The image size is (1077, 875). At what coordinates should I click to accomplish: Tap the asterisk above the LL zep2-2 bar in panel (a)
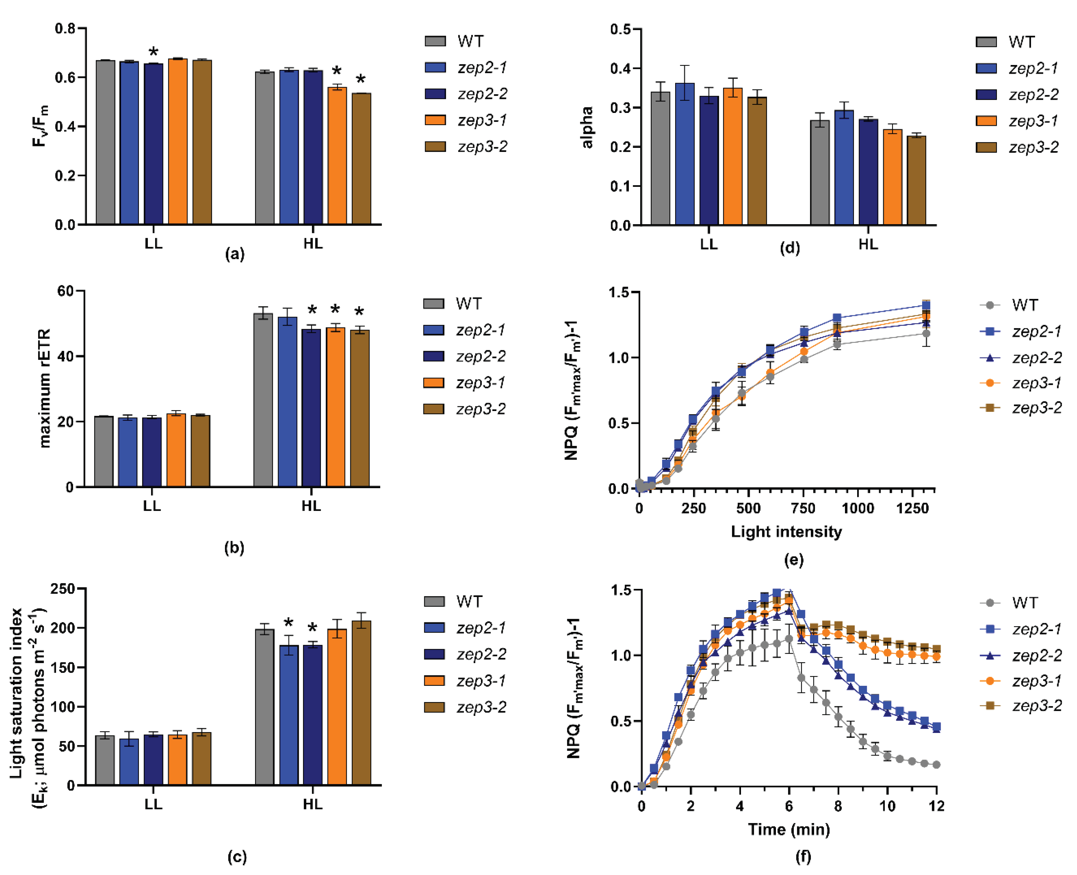(153, 52)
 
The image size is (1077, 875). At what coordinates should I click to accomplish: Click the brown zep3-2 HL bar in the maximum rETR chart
(360, 408)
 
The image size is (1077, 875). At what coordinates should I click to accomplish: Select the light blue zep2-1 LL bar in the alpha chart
(684, 154)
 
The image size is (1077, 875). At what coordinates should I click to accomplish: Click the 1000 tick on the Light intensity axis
(858, 508)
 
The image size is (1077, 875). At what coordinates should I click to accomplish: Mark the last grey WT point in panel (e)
(926, 334)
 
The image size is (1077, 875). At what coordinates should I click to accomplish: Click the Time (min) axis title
(788, 829)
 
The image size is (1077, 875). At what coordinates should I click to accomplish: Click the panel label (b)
(234, 547)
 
